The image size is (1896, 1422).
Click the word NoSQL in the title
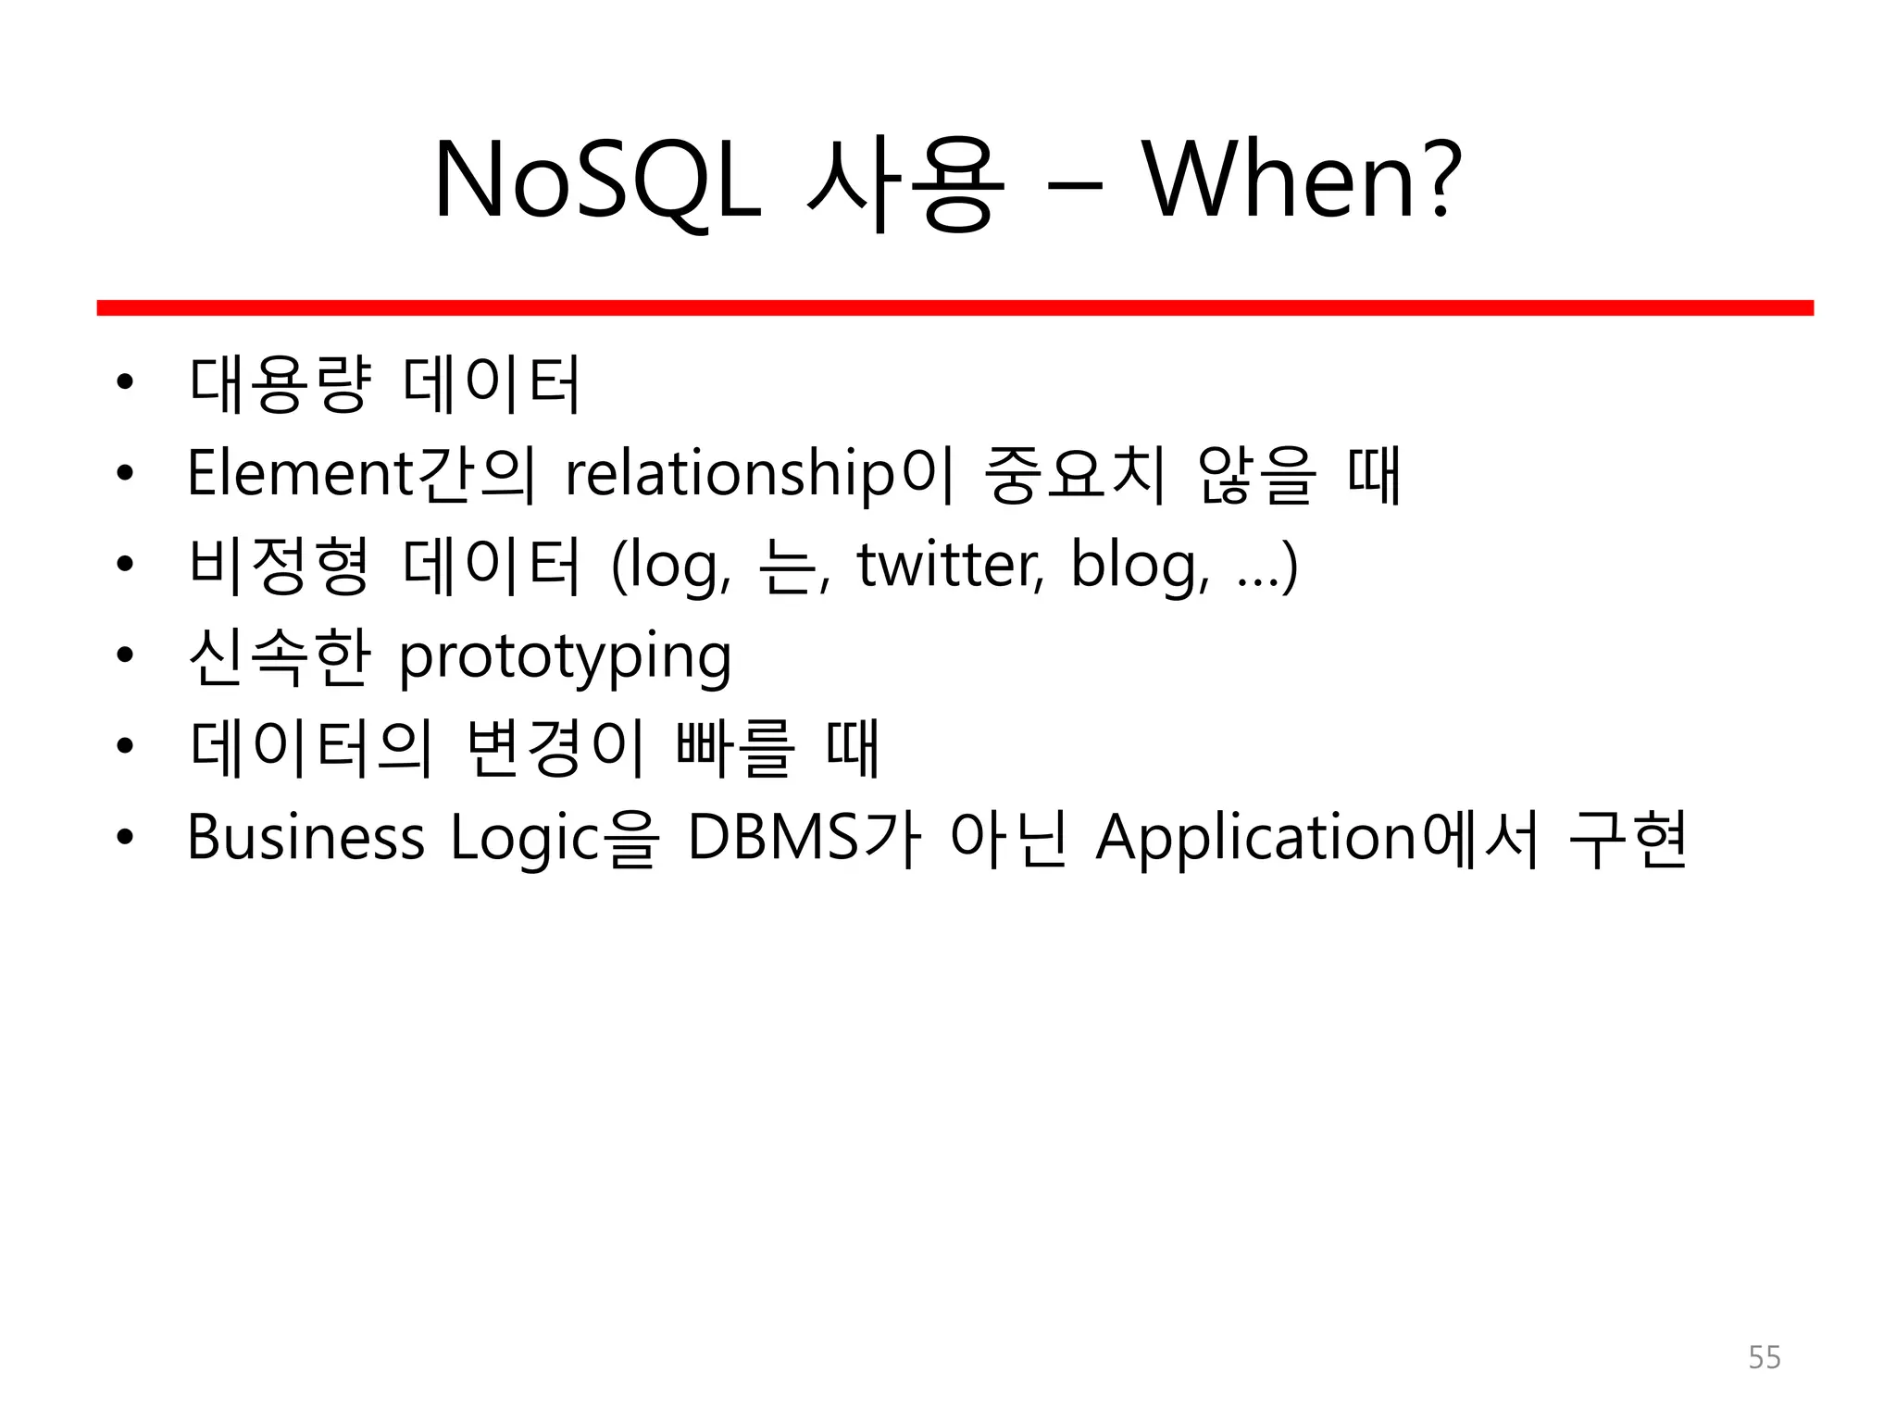point(597,181)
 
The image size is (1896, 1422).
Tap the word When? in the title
point(1301,181)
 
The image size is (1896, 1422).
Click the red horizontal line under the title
point(954,307)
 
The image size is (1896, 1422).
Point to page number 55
point(1764,1357)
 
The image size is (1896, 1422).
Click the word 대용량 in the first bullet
point(280,383)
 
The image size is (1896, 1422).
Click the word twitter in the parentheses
point(949,565)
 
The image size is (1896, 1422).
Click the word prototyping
point(565,657)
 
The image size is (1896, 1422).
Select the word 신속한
point(280,657)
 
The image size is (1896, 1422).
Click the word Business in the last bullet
point(306,838)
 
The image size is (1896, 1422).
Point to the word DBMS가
point(804,838)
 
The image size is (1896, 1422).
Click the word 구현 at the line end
point(1628,838)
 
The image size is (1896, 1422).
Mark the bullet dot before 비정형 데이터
point(125,565)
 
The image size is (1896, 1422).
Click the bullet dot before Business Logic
point(125,838)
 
